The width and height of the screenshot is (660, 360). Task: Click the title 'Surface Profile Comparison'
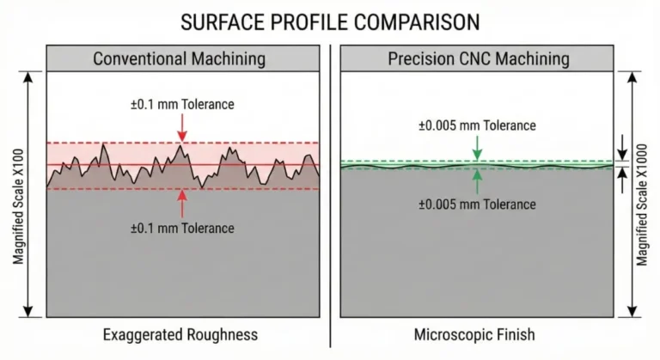pyautogui.click(x=330, y=21)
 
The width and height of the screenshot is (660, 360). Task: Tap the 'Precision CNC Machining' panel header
pyautogui.click(x=478, y=59)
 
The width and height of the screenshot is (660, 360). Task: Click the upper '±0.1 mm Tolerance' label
pyautogui.click(x=181, y=105)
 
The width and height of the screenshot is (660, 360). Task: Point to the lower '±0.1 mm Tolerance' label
pyautogui.click(x=181, y=228)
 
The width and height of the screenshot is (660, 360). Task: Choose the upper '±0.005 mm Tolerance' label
pyautogui.click(x=477, y=125)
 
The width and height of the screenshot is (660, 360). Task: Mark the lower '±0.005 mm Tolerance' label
pyautogui.click(x=477, y=204)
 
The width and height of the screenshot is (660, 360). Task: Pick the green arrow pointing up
pyautogui.click(x=477, y=180)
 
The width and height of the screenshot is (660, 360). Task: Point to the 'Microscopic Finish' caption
pyautogui.click(x=478, y=334)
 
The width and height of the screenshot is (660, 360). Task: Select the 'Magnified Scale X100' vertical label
pyautogui.click(x=18, y=194)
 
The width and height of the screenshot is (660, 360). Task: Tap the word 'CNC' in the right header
pyautogui.click(x=455, y=59)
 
